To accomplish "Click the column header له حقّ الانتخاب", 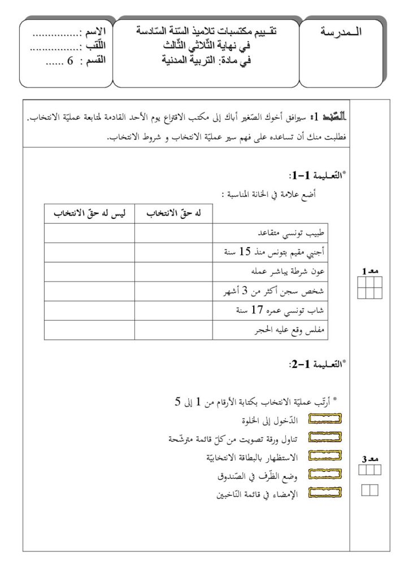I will pyautogui.click(x=173, y=214).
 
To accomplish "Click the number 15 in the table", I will pyautogui.click(x=245, y=252).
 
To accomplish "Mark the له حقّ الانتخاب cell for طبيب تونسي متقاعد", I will pyautogui.click(x=173, y=233).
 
